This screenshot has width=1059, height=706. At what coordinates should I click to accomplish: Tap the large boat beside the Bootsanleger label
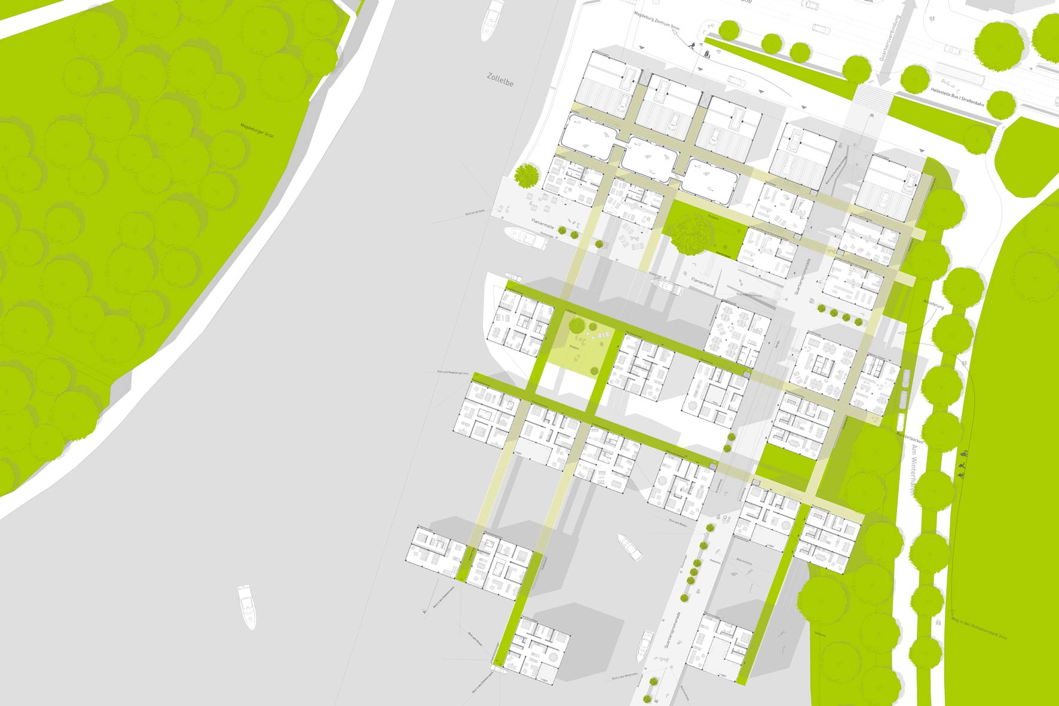[x=526, y=237]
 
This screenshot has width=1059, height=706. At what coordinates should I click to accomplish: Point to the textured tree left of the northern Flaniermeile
[x=527, y=175]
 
